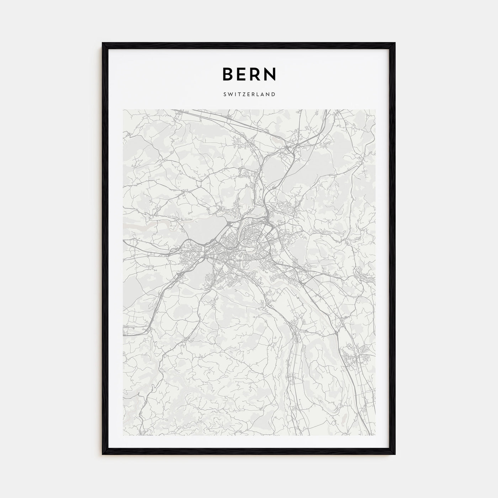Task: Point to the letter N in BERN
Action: [x=271, y=74]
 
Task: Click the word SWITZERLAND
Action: [x=249, y=95]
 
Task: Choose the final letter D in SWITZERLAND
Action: [x=273, y=95]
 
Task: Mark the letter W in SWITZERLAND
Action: [x=230, y=95]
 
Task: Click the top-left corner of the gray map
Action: [x=123, y=110]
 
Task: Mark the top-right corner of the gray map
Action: [x=375, y=110]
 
